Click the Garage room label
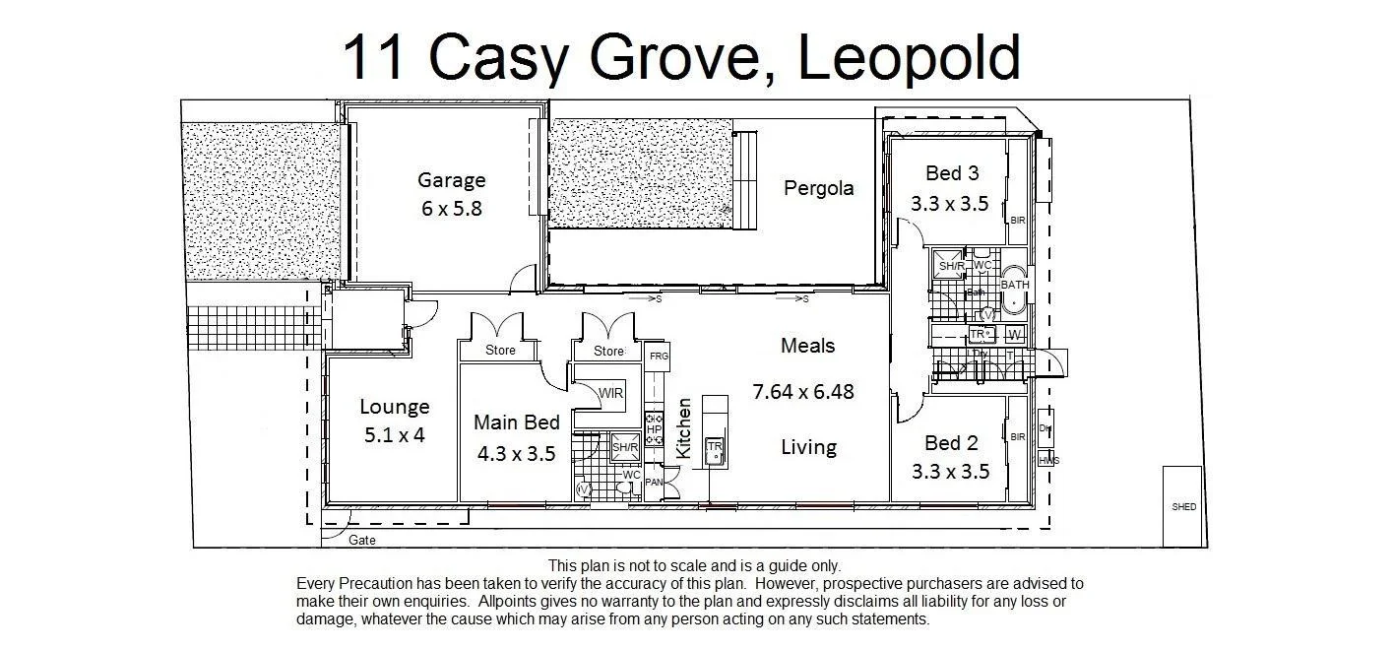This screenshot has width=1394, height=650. [452, 180]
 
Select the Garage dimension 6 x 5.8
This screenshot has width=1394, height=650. [452, 209]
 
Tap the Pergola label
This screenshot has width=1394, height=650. [818, 188]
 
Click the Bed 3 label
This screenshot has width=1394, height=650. [951, 174]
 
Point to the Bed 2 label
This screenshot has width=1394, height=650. [950, 443]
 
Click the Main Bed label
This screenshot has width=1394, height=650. [517, 422]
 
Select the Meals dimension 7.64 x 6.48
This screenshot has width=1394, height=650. [803, 392]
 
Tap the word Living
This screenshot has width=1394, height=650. [808, 448]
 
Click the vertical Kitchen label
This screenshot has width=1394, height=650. [684, 428]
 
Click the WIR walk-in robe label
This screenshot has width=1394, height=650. [610, 394]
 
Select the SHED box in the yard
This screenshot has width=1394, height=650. [1183, 507]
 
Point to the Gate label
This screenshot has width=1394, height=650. [362, 540]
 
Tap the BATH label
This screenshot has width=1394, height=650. [1015, 285]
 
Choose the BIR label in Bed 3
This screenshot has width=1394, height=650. [1018, 221]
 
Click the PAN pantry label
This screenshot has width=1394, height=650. [654, 482]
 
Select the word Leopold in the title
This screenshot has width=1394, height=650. [908, 58]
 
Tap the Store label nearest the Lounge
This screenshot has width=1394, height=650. [500, 351]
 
